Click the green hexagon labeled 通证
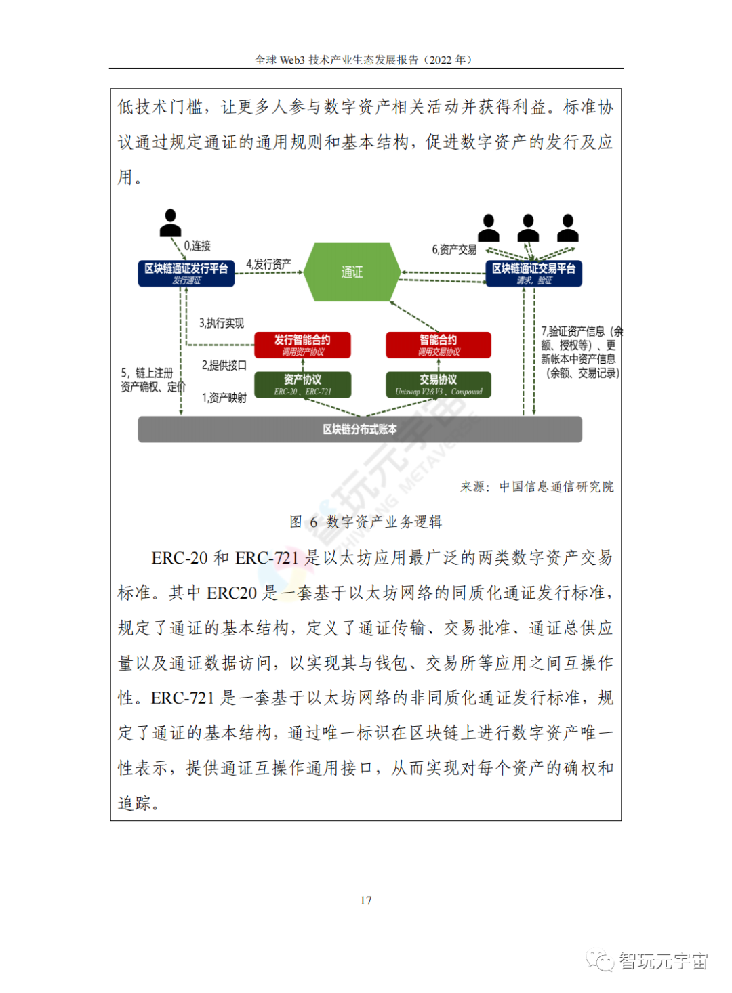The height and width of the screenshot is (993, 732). [x=351, y=272]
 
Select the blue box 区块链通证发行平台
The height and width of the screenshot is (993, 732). [x=186, y=273]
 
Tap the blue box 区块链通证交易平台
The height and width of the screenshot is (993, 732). [x=533, y=273]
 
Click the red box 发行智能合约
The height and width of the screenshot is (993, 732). [x=302, y=345]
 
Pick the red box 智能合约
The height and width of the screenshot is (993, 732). [x=438, y=345]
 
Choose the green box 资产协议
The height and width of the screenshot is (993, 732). [x=302, y=384]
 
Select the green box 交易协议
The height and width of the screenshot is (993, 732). [x=438, y=384]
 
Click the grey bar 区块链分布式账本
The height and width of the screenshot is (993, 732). [x=360, y=429]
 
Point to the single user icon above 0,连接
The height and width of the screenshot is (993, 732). [x=170, y=223]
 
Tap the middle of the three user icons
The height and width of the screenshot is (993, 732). [x=528, y=228]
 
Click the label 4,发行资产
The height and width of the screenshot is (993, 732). [x=268, y=264]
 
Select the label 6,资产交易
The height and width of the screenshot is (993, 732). [x=454, y=250]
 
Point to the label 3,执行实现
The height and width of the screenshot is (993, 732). [x=221, y=323]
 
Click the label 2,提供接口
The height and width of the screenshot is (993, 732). [x=224, y=365]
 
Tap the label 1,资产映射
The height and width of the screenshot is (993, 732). [x=224, y=398]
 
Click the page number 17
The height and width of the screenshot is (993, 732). [x=366, y=900]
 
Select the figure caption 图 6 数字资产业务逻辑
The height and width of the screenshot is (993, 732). [x=366, y=522]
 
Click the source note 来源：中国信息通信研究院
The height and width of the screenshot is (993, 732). [x=537, y=486]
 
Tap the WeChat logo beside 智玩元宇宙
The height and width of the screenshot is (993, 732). [x=600, y=960]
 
